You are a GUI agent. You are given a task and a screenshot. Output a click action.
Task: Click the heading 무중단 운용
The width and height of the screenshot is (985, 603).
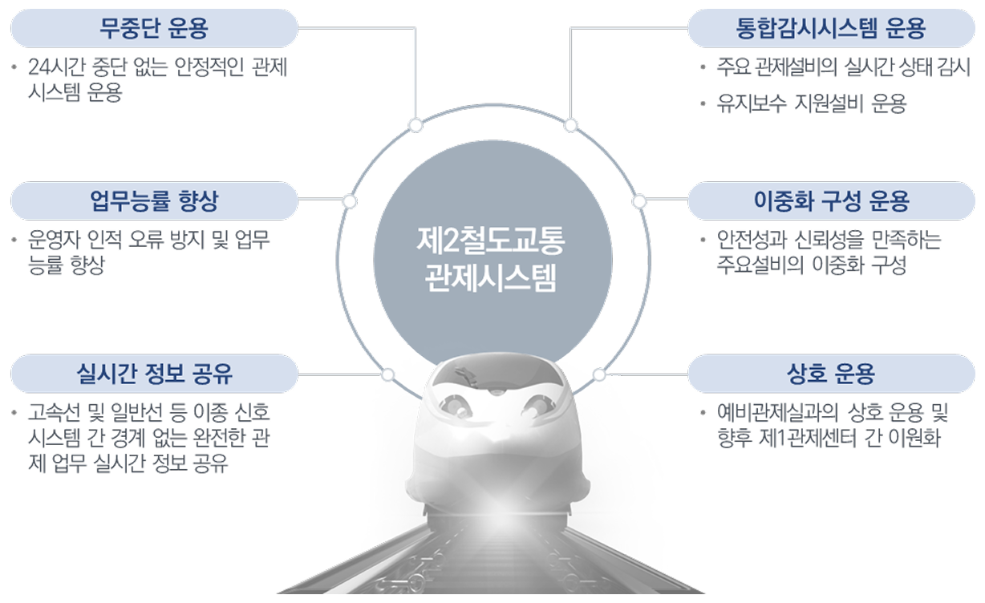154,29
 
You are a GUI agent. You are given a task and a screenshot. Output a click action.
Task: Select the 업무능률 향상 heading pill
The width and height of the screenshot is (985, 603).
154,201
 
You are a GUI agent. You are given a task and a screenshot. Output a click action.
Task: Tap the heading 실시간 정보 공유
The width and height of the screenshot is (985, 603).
154,374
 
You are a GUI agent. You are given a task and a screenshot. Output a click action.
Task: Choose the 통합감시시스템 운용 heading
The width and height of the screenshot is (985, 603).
831,29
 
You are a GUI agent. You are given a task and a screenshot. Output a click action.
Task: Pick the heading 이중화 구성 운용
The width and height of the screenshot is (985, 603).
831,201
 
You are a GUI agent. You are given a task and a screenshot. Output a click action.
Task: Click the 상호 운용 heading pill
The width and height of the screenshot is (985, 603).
831,374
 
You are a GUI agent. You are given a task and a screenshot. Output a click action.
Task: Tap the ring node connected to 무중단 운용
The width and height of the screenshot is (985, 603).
415,124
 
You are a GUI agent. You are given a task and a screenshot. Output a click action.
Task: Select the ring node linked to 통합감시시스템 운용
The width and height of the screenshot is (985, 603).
570,124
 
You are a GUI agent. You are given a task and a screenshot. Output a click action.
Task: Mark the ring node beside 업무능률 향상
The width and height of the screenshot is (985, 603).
349,200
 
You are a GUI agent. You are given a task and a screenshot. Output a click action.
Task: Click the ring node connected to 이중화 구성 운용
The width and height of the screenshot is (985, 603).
639,200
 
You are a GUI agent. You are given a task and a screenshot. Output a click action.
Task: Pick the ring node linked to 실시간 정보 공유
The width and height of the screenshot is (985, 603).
388,374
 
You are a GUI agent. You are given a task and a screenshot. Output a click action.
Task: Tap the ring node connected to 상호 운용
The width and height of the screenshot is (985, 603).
598,374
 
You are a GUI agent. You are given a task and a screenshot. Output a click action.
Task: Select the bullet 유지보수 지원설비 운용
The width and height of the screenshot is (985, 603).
811,104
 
